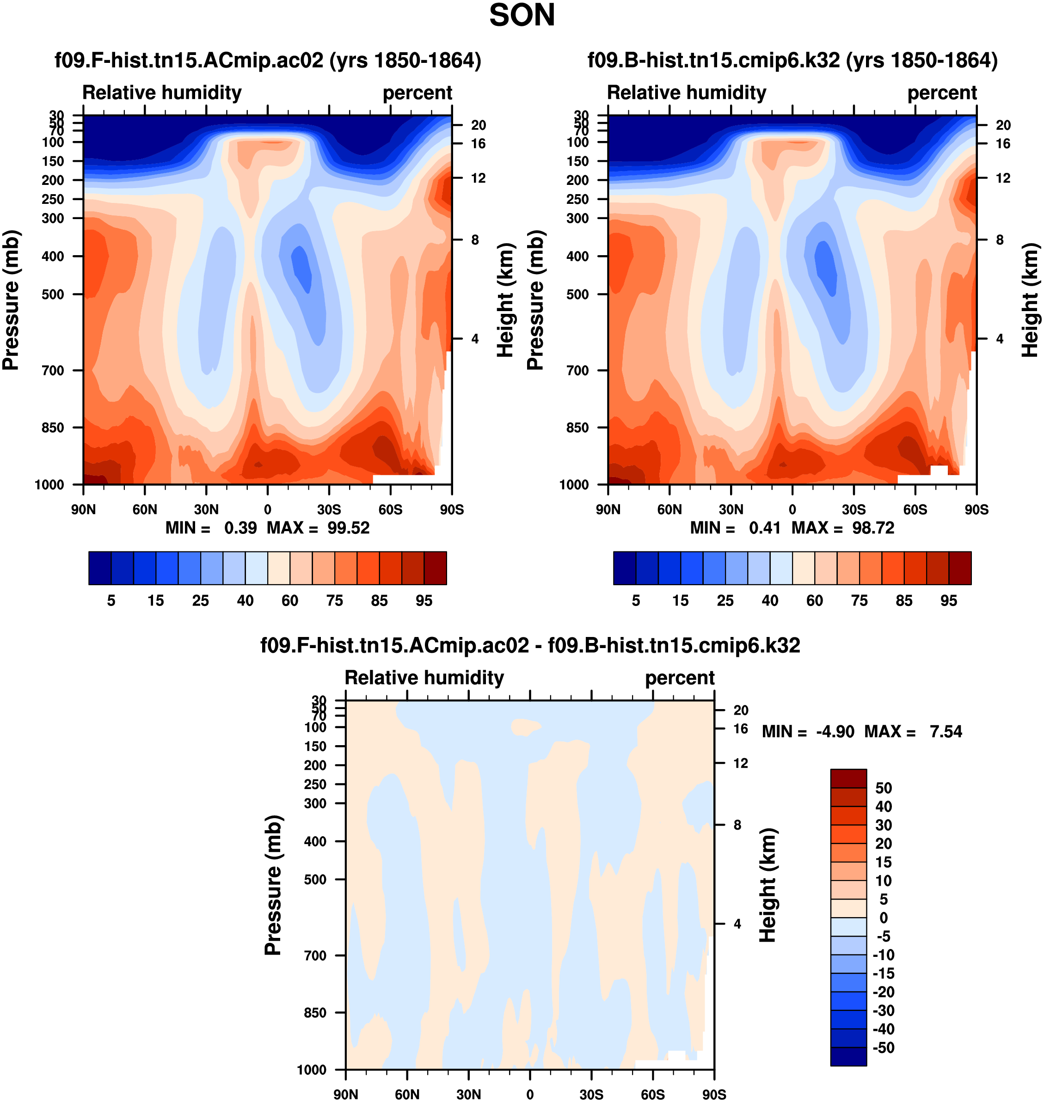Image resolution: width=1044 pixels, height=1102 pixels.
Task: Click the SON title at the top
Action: coord(522,16)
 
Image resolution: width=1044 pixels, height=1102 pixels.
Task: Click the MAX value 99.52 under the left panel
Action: coord(348,528)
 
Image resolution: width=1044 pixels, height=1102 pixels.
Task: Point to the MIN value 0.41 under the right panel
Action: coord(765,528)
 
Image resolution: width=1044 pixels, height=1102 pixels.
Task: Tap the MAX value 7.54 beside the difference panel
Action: coord(946,732)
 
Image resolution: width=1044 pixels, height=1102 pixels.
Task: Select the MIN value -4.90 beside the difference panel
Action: coord(835,732)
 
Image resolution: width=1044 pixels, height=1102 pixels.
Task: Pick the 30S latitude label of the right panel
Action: coord(854,509)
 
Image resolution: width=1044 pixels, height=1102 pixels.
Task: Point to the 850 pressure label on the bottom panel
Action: coord(315,1012)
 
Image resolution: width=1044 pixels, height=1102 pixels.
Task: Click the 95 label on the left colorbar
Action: coord(424,601)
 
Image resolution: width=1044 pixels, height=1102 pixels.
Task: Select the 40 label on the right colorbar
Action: coord(770,601)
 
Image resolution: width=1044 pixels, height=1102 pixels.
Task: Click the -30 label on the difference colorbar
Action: coord(884,1011)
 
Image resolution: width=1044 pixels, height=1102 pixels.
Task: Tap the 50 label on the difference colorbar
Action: coord(884,788)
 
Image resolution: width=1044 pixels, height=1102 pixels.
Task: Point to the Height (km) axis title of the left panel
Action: coord(505,300)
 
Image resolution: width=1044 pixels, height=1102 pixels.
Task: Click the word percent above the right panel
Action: coord(942,93)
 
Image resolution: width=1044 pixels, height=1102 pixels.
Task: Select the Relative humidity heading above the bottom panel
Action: coord(424,678)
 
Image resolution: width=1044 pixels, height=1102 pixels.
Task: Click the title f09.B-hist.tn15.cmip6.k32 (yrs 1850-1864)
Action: coord(792,60)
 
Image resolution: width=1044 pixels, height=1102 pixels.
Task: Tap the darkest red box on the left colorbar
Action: coord(435,568)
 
